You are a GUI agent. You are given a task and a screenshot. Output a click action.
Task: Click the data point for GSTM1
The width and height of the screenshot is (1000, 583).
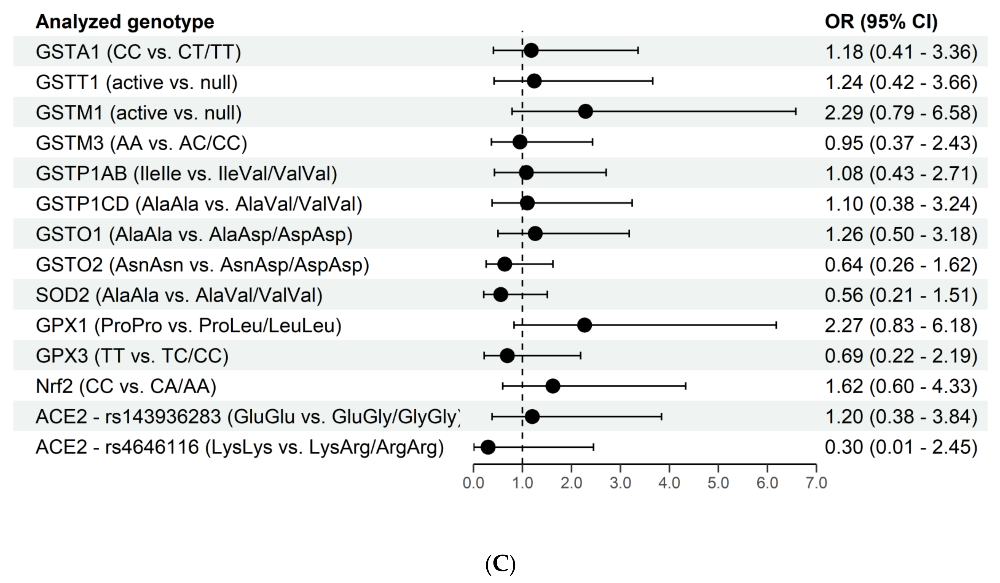pyautogui.click(x=585, y=112)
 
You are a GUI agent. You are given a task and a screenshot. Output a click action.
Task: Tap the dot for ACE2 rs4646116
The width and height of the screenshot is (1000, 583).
pyautogui.click(x=488, y=447)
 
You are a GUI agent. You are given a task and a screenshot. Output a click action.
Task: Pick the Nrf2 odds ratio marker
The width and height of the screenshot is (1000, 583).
pyautogui.click(x=553, y=386)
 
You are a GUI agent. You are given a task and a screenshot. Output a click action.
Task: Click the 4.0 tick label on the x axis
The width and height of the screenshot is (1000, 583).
pyautogui.click(x=669, y=483)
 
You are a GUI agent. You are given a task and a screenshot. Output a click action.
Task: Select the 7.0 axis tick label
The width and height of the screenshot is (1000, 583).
pyautogui.click(x=816, y=483)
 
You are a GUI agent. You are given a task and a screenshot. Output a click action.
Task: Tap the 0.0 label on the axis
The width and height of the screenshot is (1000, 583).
pyautogui.click(x=473, y=483)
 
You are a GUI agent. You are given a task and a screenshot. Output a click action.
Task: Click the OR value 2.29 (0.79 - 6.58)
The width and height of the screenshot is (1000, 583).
pyautogui.click(x=901, y=113)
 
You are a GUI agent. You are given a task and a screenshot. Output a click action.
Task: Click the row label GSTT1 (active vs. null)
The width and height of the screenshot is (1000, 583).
pyautogui.click(x=136, y=83)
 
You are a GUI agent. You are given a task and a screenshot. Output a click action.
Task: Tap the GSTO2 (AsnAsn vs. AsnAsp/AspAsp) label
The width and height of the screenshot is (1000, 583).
pyautogui.click(x=202, y=265)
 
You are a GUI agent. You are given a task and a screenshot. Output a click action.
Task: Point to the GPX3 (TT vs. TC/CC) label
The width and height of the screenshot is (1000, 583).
pyautogui.click(x=132, y=356)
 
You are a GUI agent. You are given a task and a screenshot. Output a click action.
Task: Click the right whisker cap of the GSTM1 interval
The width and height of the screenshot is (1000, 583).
pyautogui.click(x=796, y=112)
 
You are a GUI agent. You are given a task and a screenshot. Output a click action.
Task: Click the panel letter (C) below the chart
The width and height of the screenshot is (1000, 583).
pyautogui.click(x=500, y=564)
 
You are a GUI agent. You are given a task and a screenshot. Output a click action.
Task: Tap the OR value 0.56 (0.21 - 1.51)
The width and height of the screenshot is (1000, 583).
pyautogui.click(x=901, y=295)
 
